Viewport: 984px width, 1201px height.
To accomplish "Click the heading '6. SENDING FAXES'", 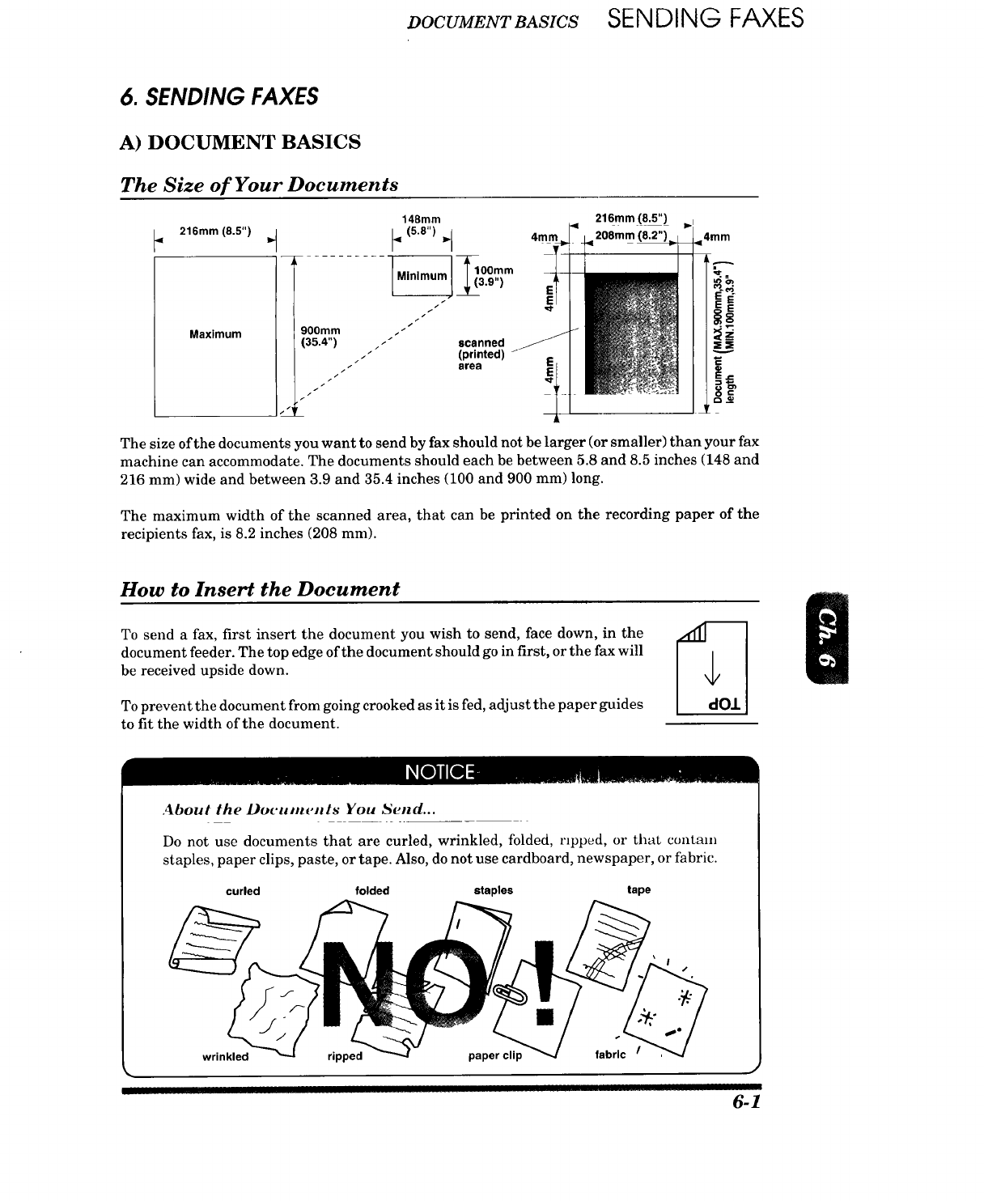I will tap(218, 96).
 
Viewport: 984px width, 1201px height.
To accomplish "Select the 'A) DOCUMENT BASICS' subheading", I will tap(240, 142).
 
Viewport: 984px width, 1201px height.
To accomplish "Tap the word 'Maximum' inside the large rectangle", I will tap(215, 334).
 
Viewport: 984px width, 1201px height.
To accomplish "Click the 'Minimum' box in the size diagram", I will tap(421, 276).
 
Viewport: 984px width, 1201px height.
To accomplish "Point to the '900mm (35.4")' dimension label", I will tap(320, 335).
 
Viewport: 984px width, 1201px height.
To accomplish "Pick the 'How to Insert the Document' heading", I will tap(260, 588).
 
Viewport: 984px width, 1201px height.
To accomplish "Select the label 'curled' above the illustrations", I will tap(243, 891).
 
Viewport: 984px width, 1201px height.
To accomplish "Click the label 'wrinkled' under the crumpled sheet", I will tap(225, 1056).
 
